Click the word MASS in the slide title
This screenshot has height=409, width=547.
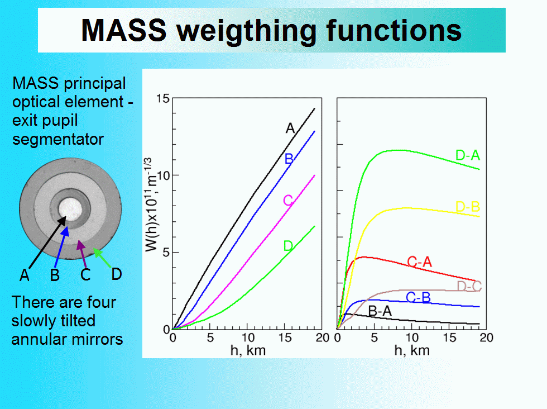tap(124, 30)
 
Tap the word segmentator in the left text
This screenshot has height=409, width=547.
tap(58, 139)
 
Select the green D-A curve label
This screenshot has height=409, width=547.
tap(468, 155)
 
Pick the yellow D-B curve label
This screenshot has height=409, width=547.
tap(468, 207)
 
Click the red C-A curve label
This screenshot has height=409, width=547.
tap(419, 261)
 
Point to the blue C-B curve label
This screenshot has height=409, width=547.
tap(418, 297)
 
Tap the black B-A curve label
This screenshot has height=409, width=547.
tap(380, 311)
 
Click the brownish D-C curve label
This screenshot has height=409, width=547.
tap(469, 286)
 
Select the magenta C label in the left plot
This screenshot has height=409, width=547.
tap(288, 201)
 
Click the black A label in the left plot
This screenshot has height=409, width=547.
tap(290, 129)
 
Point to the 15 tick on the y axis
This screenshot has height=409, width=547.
tap(162, 99)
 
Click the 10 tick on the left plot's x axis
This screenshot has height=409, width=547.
tap(248, 337)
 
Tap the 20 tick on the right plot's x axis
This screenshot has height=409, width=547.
tap(486, 337)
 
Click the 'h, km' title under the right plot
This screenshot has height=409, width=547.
tap(412, 350)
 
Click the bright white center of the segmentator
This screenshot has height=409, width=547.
tap(70, 209)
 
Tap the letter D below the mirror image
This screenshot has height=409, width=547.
tap(117, 274)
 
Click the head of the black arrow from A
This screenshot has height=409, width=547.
tap(62, 220)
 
